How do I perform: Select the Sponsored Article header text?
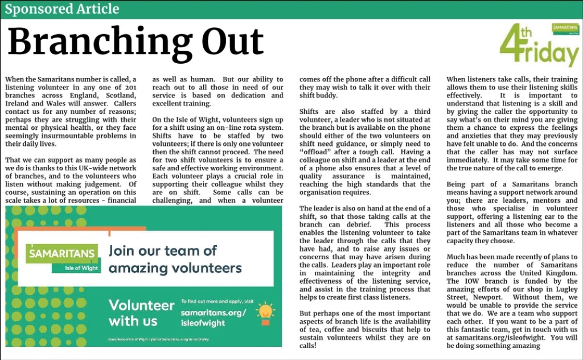[x=62, y=9]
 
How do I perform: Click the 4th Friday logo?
[x=538, y=46]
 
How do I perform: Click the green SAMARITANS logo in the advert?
[x=62, y=252]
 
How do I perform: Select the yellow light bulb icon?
[x=265, y=311]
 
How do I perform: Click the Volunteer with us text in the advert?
[x=141, y=313]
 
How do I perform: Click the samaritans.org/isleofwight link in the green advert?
[x=213, y=317]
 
